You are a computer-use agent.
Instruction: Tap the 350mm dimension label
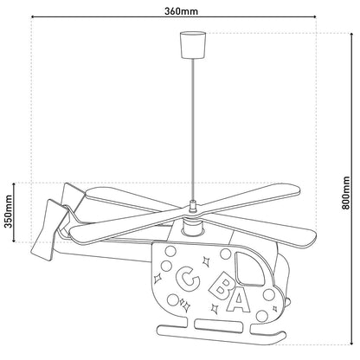[10, 211]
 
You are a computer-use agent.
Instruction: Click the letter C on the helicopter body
[185, 278]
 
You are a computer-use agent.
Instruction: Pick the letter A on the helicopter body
[237, 303]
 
